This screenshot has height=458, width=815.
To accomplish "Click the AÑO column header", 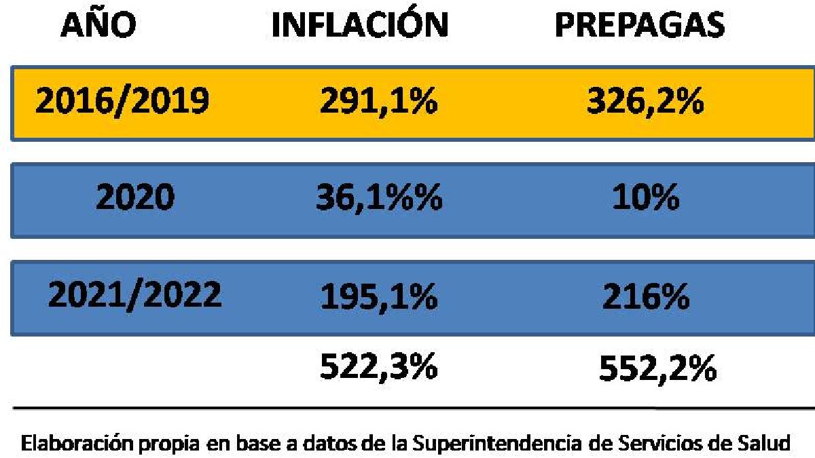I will [98, 25].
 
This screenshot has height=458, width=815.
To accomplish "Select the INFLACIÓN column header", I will [360, 25].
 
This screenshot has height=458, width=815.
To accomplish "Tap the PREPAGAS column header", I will [639, 25].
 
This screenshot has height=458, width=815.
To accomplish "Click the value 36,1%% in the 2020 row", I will [378, 199].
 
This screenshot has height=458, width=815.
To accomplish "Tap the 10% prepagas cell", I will [645, 199].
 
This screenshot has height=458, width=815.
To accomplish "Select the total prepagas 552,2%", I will [657, 369].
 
